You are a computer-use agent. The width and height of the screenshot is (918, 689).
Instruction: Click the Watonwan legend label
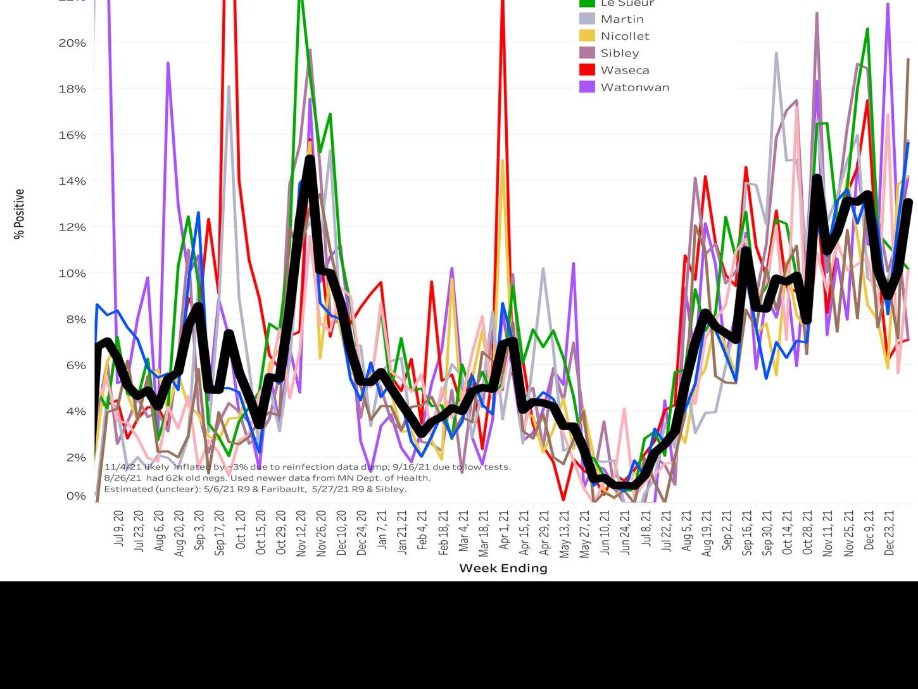click(x=634, y=87)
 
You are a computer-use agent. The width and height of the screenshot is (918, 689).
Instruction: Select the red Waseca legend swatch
click(x=587, y=70)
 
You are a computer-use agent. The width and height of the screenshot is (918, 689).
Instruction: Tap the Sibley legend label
click(x=619, y=53)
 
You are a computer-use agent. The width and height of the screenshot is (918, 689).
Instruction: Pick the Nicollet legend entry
click(x=624, y=36)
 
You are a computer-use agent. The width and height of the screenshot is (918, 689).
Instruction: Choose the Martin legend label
click(x=622, y=19)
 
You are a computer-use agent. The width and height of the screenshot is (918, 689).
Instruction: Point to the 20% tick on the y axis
click(x=72, y=42)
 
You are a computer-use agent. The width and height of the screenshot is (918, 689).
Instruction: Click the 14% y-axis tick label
click(x=72, y=180)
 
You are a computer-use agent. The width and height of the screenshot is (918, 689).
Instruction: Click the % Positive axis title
click(x=20, y=214)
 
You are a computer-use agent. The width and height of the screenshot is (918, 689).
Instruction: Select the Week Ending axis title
click(x=503, y=568)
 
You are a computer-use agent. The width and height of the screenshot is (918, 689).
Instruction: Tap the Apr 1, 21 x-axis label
click(x=504, y=529)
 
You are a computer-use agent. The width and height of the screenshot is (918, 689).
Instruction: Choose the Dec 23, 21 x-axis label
click(x=889, y=532)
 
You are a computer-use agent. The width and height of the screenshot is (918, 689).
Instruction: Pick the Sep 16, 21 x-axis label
click(x=747, y=533)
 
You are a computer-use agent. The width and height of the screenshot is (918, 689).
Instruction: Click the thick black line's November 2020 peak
click(x=310, y=160)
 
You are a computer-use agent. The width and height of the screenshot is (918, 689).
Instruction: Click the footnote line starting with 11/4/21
click(x=307, y=467)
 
